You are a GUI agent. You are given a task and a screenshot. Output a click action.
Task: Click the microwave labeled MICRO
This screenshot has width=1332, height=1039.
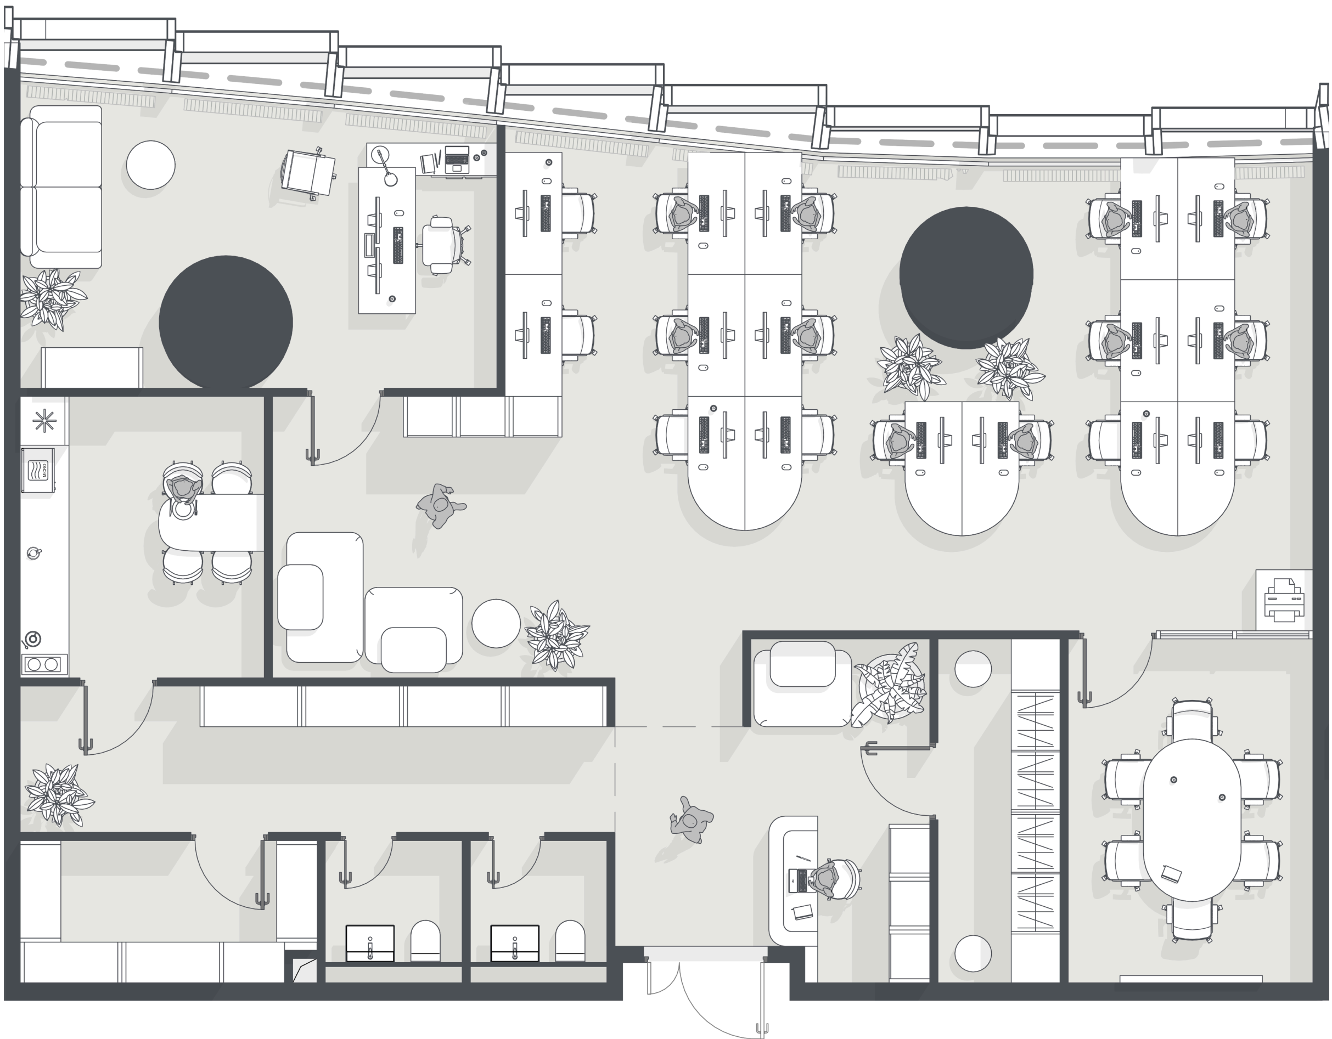click(x=38, y=470)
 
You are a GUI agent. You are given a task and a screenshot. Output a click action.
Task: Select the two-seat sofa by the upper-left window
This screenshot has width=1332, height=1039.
click(x=61, y=187)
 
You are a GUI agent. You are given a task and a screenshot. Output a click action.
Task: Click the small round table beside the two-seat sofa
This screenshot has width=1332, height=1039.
click(x=150, y=165)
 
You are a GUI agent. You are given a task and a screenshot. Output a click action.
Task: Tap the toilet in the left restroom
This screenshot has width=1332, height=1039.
click(x=425, y=940)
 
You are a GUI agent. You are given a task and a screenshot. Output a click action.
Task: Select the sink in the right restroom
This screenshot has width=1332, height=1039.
click(x=515, y=943)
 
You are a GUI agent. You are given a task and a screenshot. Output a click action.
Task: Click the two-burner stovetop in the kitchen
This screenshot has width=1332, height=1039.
click(x=44, y=664)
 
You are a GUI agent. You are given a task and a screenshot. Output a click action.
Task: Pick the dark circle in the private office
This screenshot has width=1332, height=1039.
click(x=226, y=322)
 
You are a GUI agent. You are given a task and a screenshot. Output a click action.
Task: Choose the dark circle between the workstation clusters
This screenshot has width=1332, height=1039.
click(x=966, y=278)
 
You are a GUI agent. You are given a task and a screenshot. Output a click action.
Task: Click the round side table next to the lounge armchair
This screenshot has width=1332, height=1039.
click(x=496, y=623)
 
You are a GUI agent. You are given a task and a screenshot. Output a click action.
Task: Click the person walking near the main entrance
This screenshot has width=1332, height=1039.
click(x=691, y=820)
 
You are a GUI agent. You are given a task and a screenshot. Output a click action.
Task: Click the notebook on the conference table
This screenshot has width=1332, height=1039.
click(x=1171, y=874)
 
